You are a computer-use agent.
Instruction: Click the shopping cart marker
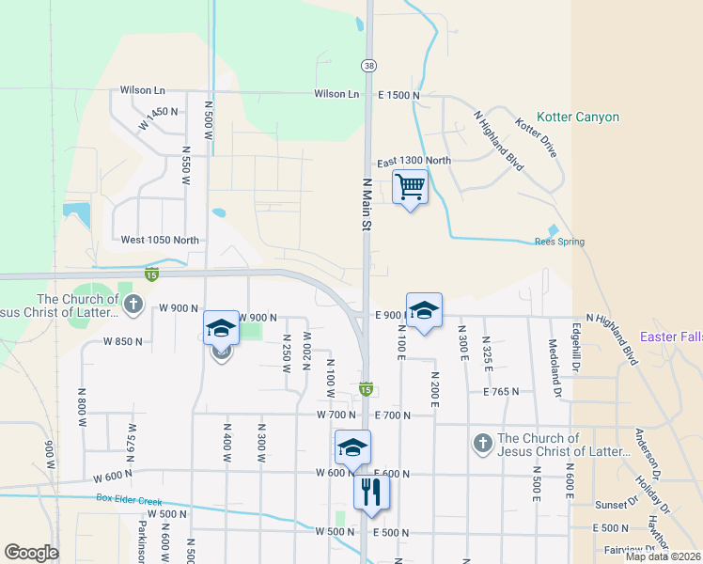click(x=410, y=187)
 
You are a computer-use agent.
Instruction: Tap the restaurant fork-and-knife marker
click(x=371, y=491)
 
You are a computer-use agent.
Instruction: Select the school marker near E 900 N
click(x=424, y=310)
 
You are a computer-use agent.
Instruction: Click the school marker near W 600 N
click(x=352, y=447)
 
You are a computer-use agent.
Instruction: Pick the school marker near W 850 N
click(x=221, y=328)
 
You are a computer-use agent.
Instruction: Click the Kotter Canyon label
click(x=578, y=117)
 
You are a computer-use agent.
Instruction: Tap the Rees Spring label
click(x=559, y=242)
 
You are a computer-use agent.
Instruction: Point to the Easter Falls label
click(x=671, y=337)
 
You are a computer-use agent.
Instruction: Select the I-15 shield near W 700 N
click(x=367, y=388)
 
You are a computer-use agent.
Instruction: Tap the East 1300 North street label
click(x=414, y=161)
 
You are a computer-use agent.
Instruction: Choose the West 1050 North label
click(x=160, y=240)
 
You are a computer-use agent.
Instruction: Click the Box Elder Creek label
click(x=130, y=498)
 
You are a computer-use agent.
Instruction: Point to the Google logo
click(x=31, y=553)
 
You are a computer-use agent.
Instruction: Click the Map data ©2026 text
click(x=663, y=556)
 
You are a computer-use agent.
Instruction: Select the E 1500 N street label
click(x=399, y=95)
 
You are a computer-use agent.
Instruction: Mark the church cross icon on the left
click(x=133, y=305)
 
